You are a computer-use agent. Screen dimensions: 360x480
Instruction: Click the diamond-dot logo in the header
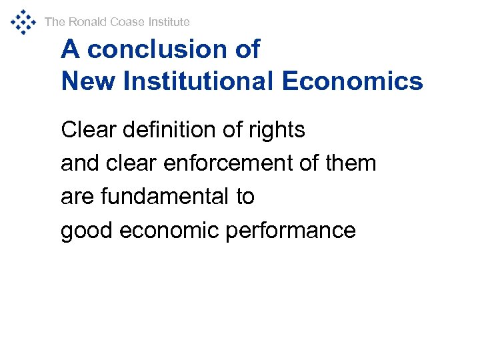(23, 21)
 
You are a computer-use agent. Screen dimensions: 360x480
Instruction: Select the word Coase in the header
(127, 22)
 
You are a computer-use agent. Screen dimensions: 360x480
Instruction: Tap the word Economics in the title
(352, 81)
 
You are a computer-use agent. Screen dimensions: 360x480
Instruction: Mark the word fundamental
(165, 197)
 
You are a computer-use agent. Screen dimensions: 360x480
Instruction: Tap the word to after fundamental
(244, 197)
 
